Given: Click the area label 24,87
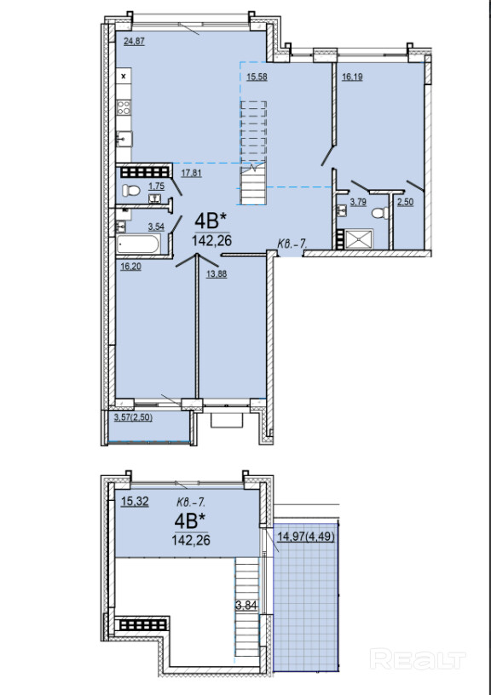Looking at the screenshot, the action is pos(135,42).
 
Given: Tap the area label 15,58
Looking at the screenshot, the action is pos(257,77).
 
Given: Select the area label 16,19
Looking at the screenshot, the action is pos(352,77).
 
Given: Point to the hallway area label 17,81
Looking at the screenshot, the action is pos(191,173).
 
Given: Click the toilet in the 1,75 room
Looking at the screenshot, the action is pos(130,191).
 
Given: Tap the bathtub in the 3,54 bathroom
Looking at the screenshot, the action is pos(137,244).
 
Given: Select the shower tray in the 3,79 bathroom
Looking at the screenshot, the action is pos(358,238).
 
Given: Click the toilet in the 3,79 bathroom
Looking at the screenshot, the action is pos(380,213).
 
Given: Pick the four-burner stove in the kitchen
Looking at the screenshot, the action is pos(124,107).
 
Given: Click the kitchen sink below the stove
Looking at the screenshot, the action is pos(124,139).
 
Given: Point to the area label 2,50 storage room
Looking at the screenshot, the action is pos(406,202).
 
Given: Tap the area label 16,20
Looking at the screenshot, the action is pos(130,267).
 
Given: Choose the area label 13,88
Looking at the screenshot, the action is pos(217,274).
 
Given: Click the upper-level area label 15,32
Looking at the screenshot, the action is pos(135,502).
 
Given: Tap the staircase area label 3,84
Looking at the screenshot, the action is pos(246,606).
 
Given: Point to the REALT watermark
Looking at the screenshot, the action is pos(418,659).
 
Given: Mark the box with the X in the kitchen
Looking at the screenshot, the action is pos(124,77).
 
